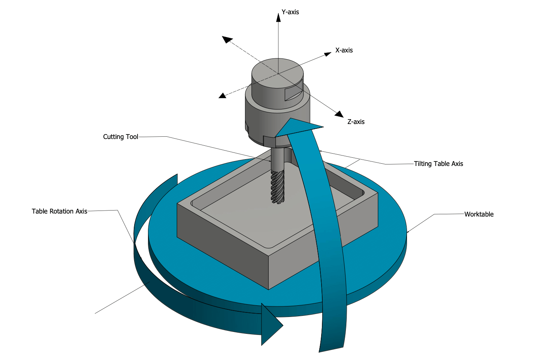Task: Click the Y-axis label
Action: [x=290, y=12]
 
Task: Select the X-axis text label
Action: [x=344, y=50]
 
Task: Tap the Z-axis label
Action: [x=356, y=122]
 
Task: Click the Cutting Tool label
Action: [x=121, y=137]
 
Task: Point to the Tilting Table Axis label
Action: [x=438, y=164]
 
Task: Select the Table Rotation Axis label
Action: [x=59, y=211]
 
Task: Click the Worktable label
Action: [x=479, y=214]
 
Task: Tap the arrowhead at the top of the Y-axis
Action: [x=278, y=17]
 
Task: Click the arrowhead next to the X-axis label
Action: [x=328, y=54]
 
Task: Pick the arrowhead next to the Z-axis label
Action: [x=340, y=114]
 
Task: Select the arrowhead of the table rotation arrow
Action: [x=271, y=325]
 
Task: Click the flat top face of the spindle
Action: [x=277, y=72]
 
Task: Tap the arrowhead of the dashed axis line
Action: [x=227, y=39]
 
